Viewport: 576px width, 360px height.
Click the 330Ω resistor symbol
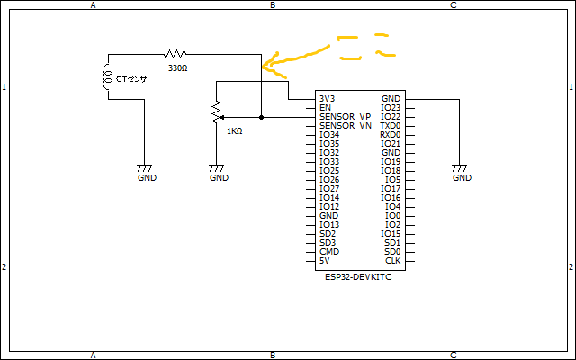click(175, 54)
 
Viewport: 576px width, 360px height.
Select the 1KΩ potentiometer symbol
click(215, 113)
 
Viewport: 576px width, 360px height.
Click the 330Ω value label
click(177, 68)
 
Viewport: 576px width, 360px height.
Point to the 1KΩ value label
click(235, 131)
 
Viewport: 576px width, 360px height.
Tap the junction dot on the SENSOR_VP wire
click(261, 117)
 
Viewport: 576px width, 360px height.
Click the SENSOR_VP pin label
click(345, 117)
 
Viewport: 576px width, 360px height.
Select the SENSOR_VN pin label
click(345, 126)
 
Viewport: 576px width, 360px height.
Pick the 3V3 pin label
click(327, 99)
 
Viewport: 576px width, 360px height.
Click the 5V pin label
click(325, 261)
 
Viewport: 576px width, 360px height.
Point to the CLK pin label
click(392, 261)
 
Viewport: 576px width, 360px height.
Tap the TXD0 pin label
click(391, 126)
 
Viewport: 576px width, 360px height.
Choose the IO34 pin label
click(329, 135)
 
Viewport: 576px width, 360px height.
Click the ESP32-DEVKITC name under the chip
click(359, 277)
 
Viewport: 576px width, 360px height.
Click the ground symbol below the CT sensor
click(145, 168)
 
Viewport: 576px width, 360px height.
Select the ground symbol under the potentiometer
click(216, 168)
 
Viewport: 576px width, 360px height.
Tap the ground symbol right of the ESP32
click(460, 168)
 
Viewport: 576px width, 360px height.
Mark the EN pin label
click(325, 108)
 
